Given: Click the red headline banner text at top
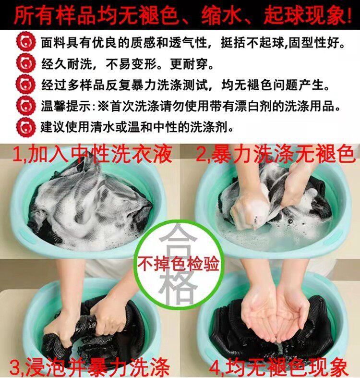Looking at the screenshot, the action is tap(182, 15).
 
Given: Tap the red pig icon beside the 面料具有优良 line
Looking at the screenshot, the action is tap(25, 42).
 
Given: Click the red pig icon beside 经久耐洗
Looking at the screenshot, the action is tap(25, 64).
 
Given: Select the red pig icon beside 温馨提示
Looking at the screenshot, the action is tap(25, 106).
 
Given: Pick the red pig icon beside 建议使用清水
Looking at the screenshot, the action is tap(25, 127).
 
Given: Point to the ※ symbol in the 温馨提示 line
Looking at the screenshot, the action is tap(103, 106).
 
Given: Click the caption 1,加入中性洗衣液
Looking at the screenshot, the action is tap(92, 154).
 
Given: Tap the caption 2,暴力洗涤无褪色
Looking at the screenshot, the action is tap(276, 154).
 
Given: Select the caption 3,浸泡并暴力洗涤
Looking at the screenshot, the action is tap(90, 367).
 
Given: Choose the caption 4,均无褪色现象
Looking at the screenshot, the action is tap(279, 367).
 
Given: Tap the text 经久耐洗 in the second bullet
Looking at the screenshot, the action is tap(67, 64).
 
